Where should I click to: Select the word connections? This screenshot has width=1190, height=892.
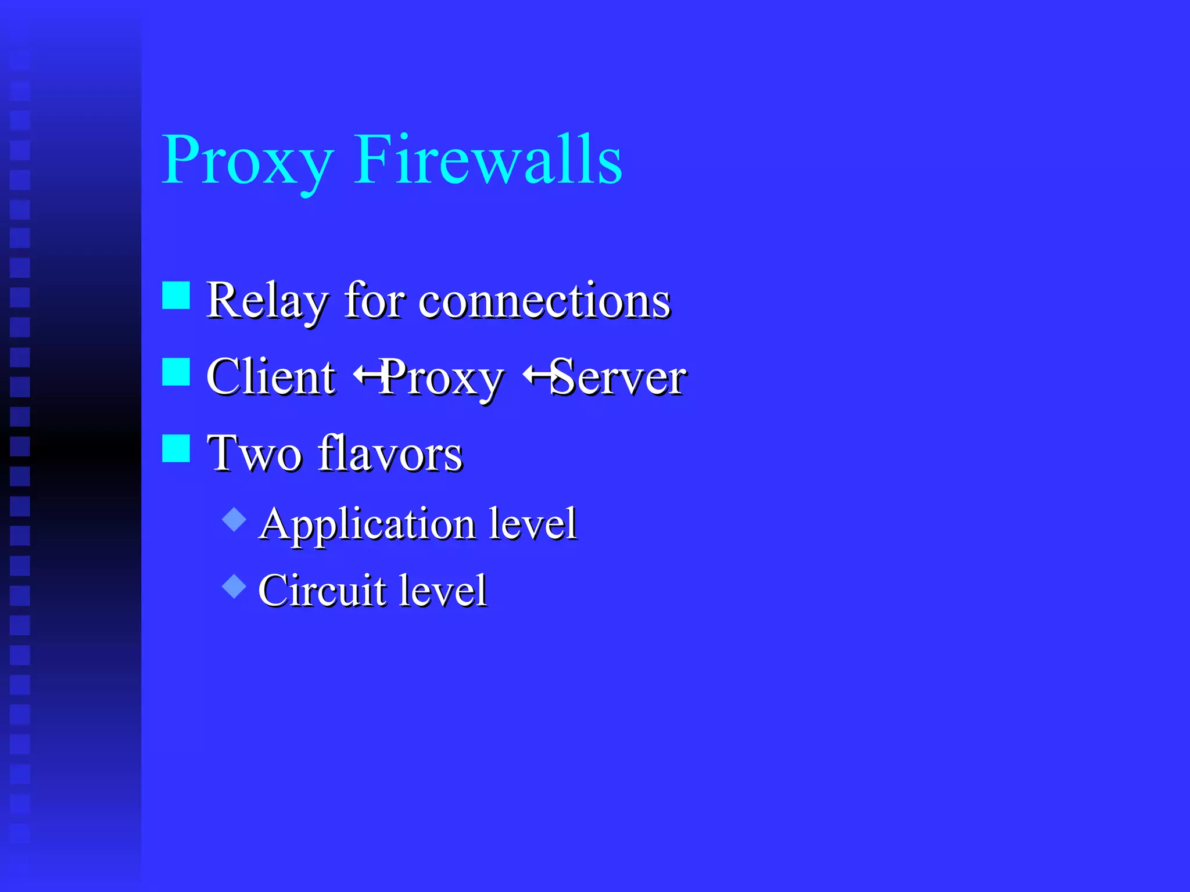(x=544, y=301)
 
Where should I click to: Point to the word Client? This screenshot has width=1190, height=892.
(x=271, y=377)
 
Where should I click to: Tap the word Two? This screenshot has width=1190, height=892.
(x=255, y=454)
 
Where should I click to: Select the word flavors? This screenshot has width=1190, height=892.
(x=390, y=454)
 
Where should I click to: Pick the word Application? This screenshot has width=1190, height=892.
(x=367, y=524)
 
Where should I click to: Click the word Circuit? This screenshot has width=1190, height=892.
(x=322, y=591)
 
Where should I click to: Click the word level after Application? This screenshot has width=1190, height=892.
(x=532, y=523)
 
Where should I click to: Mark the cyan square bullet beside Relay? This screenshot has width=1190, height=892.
(x=176, y=296)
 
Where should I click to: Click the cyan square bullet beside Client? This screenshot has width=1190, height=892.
(x=176, y=372)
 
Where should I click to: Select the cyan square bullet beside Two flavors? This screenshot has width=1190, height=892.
(x=176, y=448)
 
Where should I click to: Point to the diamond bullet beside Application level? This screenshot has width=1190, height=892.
(x=234, y=519)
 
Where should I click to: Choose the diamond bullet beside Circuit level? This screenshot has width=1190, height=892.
(x=234, y=586)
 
